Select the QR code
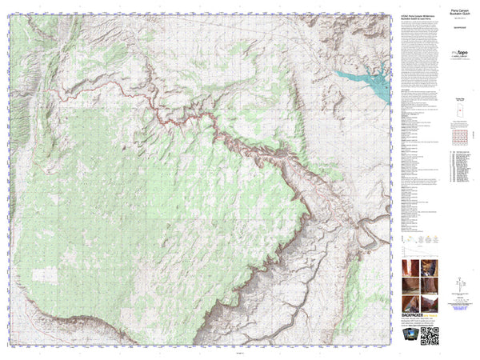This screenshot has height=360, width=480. click(430, 338)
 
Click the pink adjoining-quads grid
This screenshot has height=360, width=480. click(458, 132)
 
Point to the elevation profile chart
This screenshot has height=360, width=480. click(417, 241)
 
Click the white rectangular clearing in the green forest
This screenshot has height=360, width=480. click(45, 274)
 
